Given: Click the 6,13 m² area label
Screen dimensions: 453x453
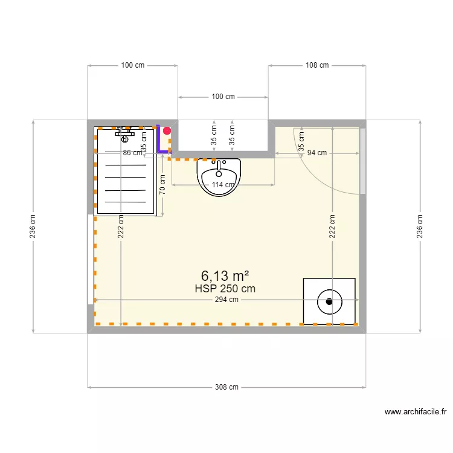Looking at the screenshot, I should (225, 276).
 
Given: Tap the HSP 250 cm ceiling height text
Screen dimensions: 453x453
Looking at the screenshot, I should (225, 289).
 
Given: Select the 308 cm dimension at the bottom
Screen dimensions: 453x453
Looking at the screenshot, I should (226, 387).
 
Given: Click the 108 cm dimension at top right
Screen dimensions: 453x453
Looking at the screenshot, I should (316, 65).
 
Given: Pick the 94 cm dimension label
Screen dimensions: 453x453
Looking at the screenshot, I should (316, 153).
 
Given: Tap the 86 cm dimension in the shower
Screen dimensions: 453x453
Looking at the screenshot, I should (132, 153).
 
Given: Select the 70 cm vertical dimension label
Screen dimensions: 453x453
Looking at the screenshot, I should (162, 183).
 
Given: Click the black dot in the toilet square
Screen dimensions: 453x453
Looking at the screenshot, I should (329, 301).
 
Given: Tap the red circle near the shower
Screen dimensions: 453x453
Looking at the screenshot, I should (167, 130).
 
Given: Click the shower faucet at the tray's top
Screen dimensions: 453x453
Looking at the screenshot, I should (125, 132).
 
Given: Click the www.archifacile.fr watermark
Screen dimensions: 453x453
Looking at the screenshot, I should (416, 413).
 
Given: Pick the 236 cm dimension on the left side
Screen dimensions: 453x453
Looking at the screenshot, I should (33, 226).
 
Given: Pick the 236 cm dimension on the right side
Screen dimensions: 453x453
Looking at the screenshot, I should (420, 226).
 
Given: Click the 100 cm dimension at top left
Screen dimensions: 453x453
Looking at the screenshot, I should (132, 65).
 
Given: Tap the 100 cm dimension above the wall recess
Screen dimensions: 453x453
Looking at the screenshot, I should (223, 97).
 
